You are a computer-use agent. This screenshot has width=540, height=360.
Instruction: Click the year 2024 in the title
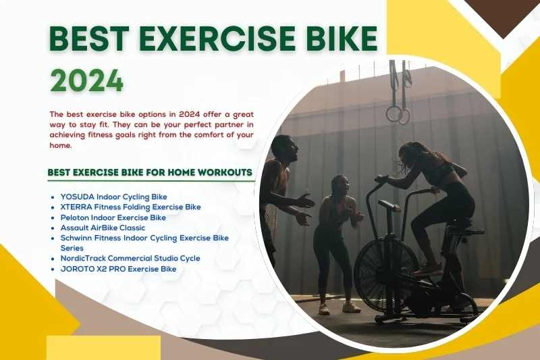[87, 80]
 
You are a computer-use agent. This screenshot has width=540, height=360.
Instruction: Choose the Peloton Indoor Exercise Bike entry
[113, 217]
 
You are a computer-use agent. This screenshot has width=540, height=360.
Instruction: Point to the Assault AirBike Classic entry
[103, 228]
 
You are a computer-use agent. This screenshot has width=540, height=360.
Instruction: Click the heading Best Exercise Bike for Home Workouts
[150, 172]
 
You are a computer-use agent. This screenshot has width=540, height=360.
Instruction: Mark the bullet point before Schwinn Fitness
[53, 238]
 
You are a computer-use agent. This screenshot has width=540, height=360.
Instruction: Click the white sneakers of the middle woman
[337, 307]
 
